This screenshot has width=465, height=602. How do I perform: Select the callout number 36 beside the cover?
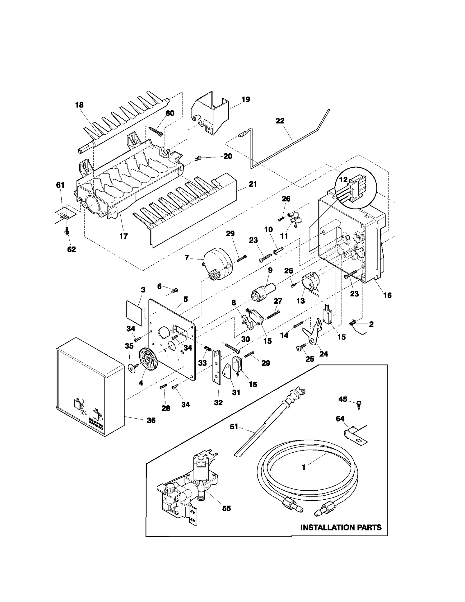pyautogui.click(x=151, y=420)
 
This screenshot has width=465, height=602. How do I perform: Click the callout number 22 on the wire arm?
pyautogui.click(x=280, y=121)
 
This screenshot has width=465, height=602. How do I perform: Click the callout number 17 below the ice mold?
pyautogui.click(x=124, y=236)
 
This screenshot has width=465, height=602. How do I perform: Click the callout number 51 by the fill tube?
pyautogui.click(x=234, y=426)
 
